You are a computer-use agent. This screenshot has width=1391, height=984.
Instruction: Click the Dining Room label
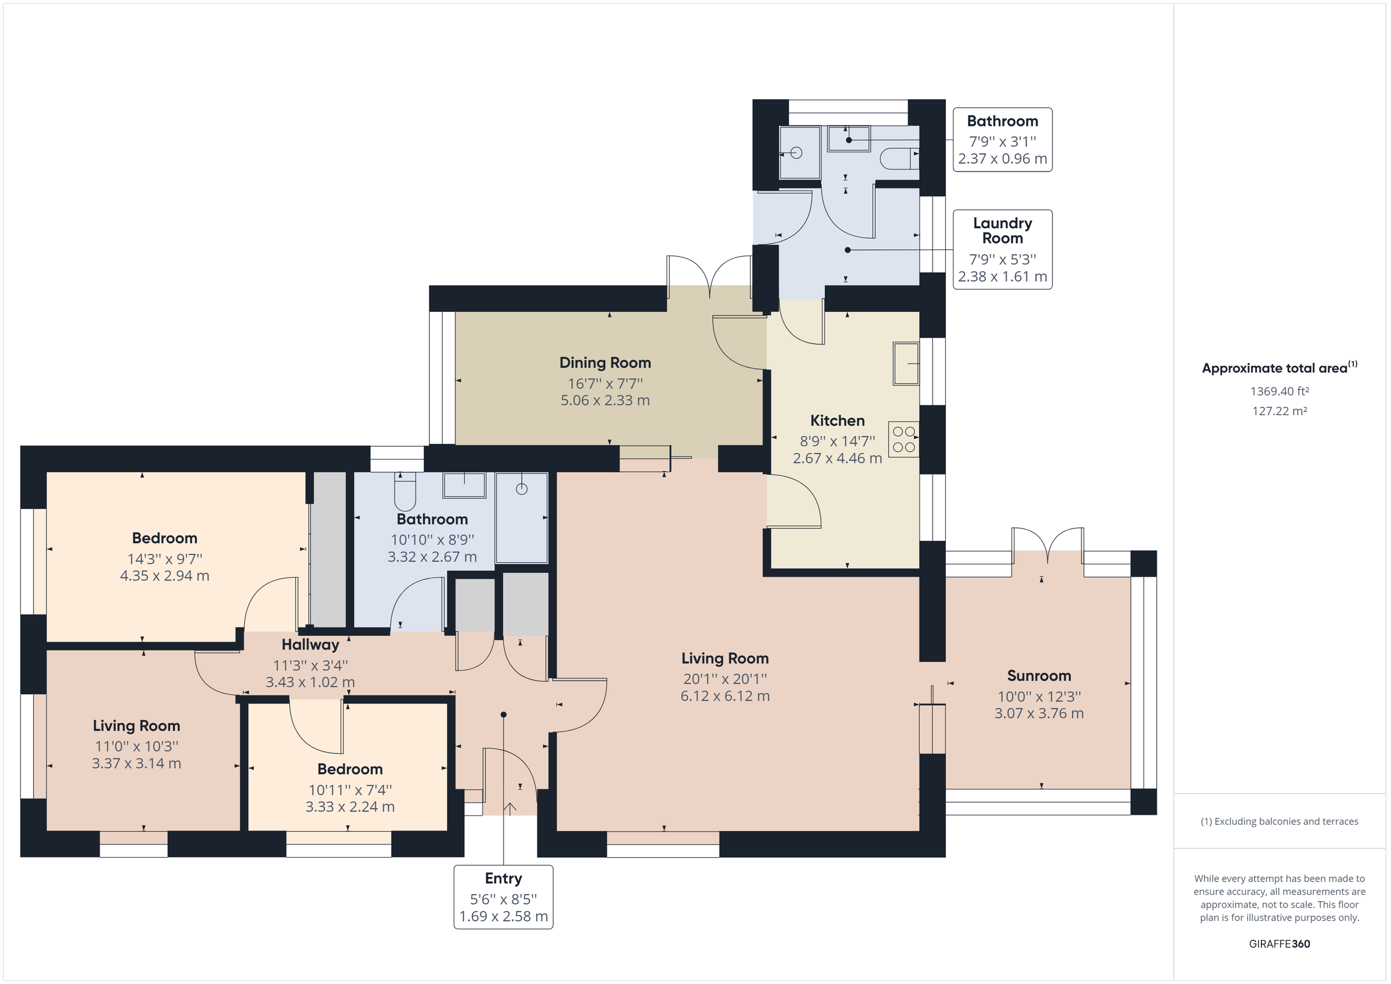coord(605,363)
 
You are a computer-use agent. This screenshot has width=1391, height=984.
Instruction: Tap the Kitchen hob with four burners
coord(904,439)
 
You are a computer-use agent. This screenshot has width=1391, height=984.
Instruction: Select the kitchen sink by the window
coord(906,363)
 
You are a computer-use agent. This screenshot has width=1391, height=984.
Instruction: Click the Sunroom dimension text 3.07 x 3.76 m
coord(1039,714)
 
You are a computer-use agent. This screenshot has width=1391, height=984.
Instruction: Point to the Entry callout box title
coord(503,879)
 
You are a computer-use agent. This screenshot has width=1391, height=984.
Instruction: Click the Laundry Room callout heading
coord(1002,231)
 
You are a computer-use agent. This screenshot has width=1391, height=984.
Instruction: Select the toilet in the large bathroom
coord(405,492)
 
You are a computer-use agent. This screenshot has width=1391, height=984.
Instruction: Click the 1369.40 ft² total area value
coord(1279,391)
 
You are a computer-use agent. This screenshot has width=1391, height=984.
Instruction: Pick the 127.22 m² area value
coord(1279,411)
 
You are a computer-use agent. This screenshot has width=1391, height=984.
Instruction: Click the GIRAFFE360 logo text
coord(1279,943)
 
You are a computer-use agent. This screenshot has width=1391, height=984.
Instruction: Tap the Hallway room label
coord(310,644)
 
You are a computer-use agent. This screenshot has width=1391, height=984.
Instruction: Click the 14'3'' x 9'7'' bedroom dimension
coord(165,559)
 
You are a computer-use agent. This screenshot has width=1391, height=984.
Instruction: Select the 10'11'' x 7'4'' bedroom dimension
coord(350,790)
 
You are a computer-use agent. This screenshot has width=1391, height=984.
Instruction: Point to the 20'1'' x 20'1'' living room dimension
coord(724,679)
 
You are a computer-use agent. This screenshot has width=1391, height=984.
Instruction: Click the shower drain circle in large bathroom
coord(522,489)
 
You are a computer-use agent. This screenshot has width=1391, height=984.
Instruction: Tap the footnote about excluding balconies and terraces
coord(1279,822)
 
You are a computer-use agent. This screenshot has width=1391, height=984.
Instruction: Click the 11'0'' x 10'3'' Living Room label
coord(136,726)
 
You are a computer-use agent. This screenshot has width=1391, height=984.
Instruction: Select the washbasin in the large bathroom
coord(464,485)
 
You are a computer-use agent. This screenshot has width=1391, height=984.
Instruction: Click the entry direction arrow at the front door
coord(509,809)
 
